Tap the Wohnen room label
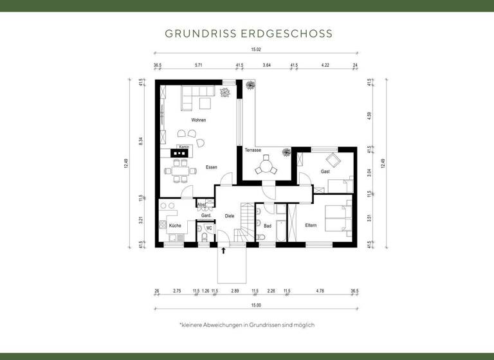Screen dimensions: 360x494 (x=198, y=120)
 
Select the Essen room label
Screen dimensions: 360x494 (x=211, y=167)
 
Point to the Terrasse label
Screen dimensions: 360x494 (x=253, y=150)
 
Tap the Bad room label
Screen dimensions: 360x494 (x=268, y=226)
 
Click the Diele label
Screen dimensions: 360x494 (x=229, y=216)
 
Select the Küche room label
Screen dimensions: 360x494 (x=175, y=226)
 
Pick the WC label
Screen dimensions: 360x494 (x=208, y=228)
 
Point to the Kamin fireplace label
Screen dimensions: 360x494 (x=183, y=147)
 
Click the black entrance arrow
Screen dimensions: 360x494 (x=224, y=251)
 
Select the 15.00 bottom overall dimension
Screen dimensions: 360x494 (x=255, y=305)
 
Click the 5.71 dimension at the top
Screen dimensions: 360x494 (x=199, y=65)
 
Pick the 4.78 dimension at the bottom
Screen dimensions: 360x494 (x=320, y=291)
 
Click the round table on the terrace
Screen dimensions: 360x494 (x=266, y=167)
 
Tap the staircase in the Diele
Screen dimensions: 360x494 (x=245, y=222)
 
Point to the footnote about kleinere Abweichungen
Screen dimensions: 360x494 (x=247, y=325)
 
